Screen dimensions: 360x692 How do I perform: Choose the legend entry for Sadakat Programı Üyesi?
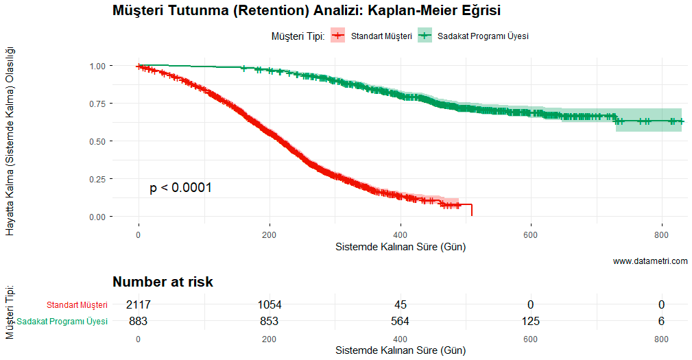tap(473, 36)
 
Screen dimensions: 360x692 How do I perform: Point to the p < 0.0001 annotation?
tap(180, 188)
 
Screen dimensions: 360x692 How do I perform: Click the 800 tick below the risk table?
tap(661, 339)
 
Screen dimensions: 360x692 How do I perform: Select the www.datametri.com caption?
tap(650, 261)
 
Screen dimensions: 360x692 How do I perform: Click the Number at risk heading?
tap(163, 282)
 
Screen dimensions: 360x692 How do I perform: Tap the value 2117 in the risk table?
tap(138, 304)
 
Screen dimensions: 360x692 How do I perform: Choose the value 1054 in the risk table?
tap(270, 304)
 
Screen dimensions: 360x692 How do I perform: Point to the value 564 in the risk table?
tap(400, 321)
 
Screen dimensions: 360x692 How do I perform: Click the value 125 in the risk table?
tap(530, 321)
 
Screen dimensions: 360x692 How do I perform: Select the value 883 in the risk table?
tap(138, 321)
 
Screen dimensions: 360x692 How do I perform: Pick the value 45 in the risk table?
tap(400, 304)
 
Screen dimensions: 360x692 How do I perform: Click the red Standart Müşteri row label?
tap(77, 305)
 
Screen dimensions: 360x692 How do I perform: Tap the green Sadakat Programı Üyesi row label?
tap(62, 322)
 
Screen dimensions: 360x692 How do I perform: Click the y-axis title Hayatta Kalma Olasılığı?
tap(10, 141)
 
